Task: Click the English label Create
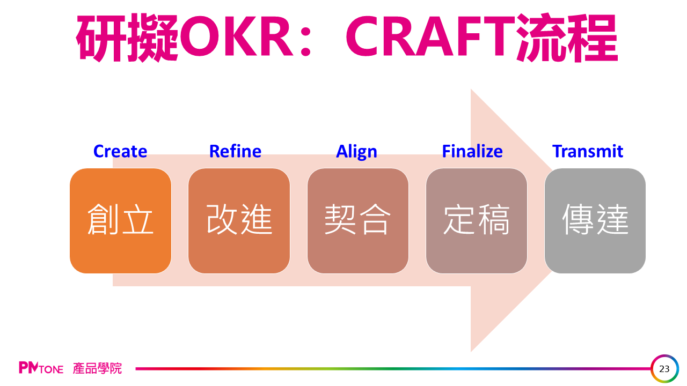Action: [120, 151]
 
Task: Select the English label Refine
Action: [235, 151]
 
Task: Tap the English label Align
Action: [356, 152]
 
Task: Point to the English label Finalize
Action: [472, 151]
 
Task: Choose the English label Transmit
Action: [588, 151]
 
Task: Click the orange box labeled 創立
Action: [121, 220]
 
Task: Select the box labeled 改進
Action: [239, 220]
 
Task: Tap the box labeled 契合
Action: [358, 220]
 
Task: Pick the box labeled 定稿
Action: [477, 220]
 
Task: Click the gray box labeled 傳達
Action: [595, 220]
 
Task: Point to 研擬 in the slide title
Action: [127, 38]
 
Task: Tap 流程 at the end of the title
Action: [567, 38]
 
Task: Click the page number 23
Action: [664, 369]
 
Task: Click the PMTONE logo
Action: [41, 368]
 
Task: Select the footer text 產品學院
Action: [97, 368]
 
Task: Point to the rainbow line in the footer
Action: [393, 368]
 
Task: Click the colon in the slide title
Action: [306, 39]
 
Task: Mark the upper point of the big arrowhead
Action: [471, 89]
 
